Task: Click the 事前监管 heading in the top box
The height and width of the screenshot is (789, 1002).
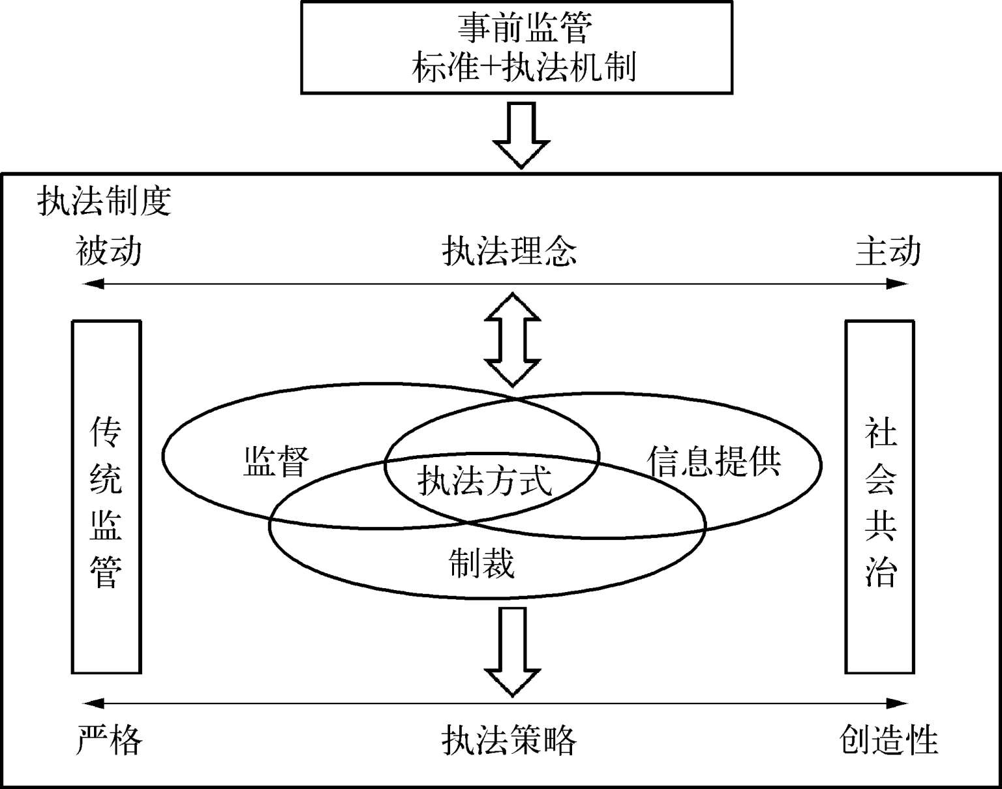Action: tap(524, 29)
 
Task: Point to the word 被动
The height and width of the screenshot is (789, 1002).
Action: tap(108, 252)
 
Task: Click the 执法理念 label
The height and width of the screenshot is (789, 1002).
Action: tap(509, 252)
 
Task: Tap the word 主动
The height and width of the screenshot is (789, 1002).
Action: tap(888, 252)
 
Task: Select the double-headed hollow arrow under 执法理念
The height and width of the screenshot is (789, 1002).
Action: tap(513, 339)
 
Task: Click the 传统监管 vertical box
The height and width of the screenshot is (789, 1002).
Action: tap(106, 496)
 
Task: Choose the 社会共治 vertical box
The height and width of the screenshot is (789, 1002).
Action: tap(880, 496)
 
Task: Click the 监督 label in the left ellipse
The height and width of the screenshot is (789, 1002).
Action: tap(276, 462)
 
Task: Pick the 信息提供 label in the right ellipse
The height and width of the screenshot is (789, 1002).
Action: tap(714, 462)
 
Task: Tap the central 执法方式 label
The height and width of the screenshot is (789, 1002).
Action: tap(485, 481)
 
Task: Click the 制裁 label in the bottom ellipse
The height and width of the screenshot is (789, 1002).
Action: tap(482, 562)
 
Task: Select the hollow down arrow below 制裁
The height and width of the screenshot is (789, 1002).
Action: tap(513, 651)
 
